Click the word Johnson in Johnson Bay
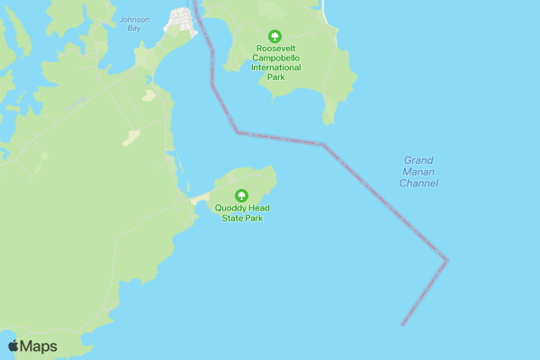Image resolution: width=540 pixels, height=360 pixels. click(x=134, y=19)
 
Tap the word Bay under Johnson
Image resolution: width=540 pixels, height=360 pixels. click(x=134, y=28)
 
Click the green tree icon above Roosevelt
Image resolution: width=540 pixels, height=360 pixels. click(x=275, y=36)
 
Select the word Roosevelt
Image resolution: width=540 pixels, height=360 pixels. click(x=275, y=48)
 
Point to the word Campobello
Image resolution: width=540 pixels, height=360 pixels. click(x=275, y=58)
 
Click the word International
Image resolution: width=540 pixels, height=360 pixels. click(x=275, y=67)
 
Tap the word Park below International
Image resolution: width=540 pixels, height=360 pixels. click(x=275, y=77)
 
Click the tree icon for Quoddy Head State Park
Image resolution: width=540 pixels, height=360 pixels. click(x=241, y=196)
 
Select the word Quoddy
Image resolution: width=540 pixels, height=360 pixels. click(x=229, y=208)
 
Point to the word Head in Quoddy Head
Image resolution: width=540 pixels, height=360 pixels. click(x=258, y=208)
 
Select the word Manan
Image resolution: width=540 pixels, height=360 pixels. click(x=418, y=172)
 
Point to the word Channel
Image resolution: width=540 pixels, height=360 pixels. click(x=418, y=184)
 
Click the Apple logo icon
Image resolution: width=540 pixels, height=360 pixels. click(x=13, y=346)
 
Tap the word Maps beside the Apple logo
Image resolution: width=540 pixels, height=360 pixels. click(x=39, y=346)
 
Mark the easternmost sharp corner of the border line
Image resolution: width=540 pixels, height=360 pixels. click(x=446, y=261)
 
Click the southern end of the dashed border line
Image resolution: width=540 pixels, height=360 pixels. click(x=402, y=324)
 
